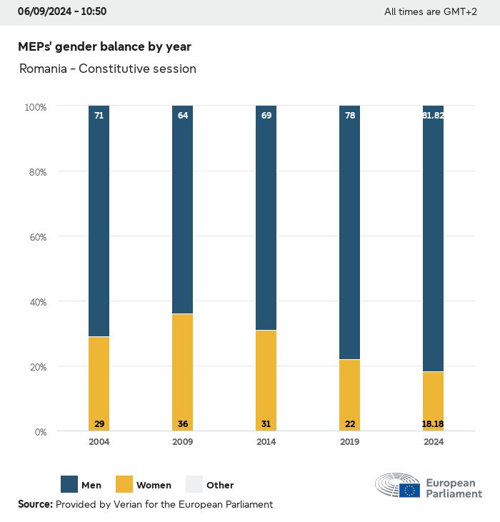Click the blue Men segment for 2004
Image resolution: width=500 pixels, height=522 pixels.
[x=99, y=221]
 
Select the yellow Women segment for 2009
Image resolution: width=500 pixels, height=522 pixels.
[x=182, y=371]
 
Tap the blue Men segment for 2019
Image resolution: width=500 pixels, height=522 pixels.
[x=349, y=232]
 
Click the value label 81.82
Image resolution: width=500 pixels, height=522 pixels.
[x=433, y=115]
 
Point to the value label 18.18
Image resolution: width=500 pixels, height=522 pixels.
[x=433, y=424]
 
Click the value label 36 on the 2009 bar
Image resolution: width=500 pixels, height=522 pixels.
[x=182, y=424]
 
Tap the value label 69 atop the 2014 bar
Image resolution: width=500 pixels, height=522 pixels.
[x=266, y=115]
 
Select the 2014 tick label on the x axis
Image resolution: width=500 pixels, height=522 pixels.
[x=266, y=442]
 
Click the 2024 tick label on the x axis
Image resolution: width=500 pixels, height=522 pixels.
[x=433, y=442]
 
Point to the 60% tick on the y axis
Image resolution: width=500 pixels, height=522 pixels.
[x=36, y=236]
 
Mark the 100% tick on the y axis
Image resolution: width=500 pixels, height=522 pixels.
[x=35, y=106]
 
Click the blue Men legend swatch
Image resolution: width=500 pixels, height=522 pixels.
[x=69, y=484]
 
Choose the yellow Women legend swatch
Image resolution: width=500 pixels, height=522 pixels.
[x=124, y=484]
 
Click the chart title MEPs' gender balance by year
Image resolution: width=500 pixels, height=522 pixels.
[x=104, y=46]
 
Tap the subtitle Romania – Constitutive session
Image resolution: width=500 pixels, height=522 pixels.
[x=107, y=69]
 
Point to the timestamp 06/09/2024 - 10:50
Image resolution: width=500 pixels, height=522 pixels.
[x=62, y=11]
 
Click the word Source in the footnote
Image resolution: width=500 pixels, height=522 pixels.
[x=35, y=504]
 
